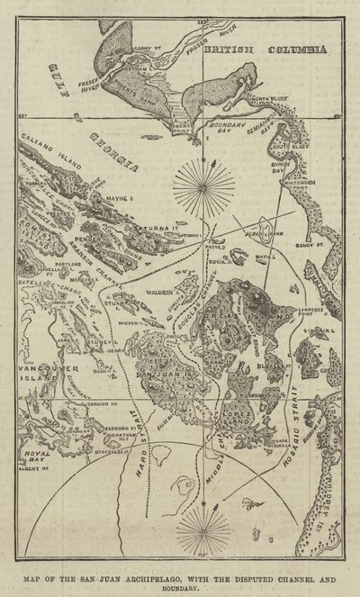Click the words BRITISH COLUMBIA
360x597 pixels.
(266, 53)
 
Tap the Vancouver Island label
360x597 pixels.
(42, 375)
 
